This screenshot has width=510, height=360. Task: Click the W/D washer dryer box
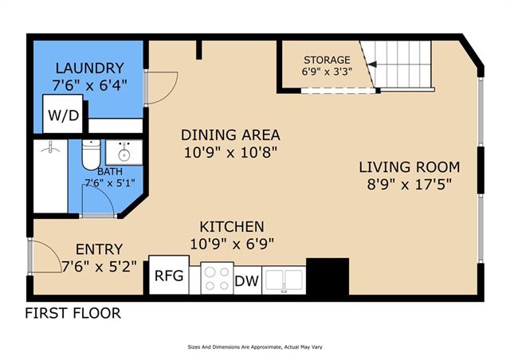click(63, 114)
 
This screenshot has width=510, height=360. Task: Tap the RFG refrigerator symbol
click(169, 275)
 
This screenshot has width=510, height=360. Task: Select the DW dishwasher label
click(247, 280)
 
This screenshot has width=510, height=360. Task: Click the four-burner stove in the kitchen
click(217, 278)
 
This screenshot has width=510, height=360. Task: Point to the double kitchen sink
click(284, 280)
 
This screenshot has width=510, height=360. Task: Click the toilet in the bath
click(91, 155)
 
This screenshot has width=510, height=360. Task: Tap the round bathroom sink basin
click(124, 155)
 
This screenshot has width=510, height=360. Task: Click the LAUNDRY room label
click(90, 68)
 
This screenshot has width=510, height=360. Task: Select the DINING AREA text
click(230, 135)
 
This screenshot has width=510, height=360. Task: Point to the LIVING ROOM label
click(409, 167)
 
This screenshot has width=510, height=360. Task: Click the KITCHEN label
click(232, 227)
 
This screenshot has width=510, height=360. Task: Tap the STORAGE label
click(327, 60)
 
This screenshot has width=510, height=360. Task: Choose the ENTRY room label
click(99, 249)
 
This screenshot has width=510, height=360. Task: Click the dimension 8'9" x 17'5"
click(410, 185)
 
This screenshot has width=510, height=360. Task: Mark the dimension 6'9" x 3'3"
click(327, 71)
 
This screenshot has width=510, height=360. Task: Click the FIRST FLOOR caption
click(73, 313)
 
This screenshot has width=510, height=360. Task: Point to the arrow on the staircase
click(372, 64)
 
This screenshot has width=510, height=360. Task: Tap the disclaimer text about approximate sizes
click(255, 347)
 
